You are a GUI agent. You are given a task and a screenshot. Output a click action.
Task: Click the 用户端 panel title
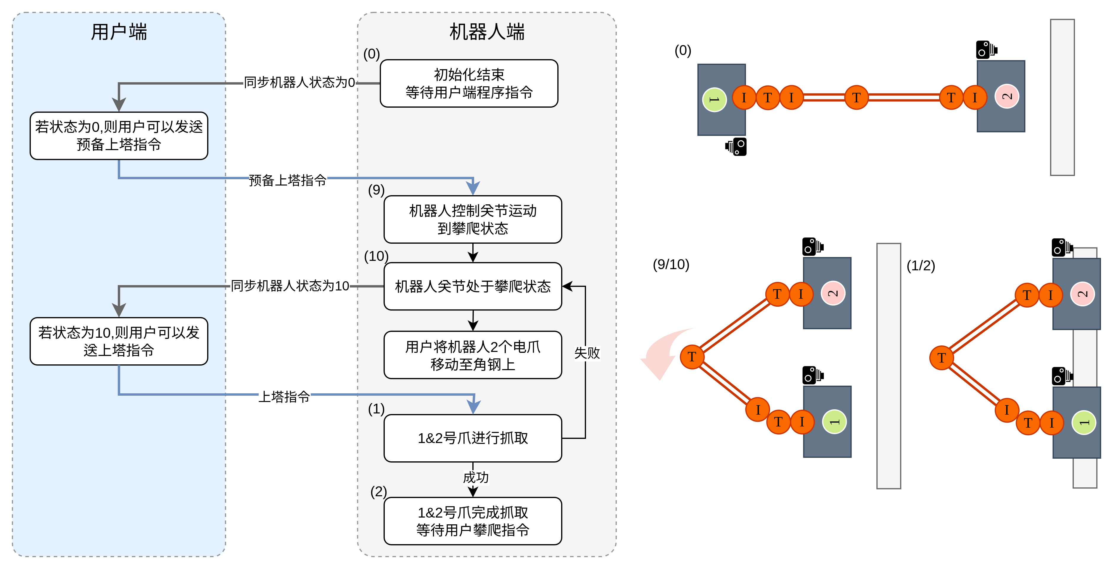119,32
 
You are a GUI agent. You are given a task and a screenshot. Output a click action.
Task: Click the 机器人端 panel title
487,32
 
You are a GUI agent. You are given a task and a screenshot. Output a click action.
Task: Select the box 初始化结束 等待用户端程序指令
469,83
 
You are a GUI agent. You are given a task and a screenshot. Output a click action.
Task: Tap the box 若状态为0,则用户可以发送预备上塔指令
119,136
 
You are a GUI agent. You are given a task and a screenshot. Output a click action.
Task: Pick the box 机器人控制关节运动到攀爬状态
473,219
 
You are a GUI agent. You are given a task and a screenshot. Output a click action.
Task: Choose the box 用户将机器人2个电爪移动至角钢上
473,355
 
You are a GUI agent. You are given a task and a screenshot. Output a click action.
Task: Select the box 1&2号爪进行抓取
473,438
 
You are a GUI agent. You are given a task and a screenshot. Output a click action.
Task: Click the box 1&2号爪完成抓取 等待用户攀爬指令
473,521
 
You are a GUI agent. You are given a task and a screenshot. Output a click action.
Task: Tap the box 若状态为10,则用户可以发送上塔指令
119,341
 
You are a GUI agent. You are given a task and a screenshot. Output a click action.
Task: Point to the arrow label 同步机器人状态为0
299,82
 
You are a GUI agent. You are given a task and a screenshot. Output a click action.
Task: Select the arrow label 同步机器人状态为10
290,286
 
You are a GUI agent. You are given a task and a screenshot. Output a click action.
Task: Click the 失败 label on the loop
587,353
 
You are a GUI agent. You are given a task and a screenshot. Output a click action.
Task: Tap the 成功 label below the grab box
476,477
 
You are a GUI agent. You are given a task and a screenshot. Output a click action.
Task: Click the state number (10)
376,256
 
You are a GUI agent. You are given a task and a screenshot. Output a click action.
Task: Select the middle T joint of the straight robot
856,98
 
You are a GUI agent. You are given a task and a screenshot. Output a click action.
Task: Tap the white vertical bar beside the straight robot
1063,97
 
